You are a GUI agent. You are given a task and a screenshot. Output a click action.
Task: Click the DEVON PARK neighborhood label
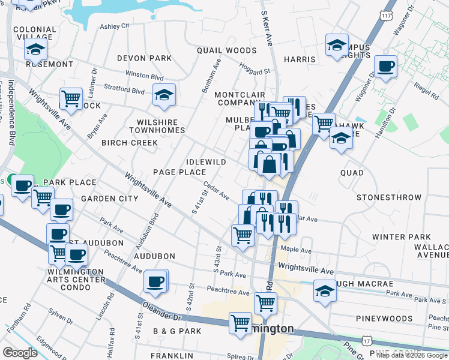click(144, 58)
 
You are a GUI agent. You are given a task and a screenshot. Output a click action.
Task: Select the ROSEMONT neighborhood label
click(49, 64)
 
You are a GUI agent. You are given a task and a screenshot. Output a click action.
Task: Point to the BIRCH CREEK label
click(129, 143)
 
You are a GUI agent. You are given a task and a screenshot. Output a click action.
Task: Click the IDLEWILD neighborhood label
click(206, 162)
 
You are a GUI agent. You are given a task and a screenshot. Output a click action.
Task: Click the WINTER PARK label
click(402, 237)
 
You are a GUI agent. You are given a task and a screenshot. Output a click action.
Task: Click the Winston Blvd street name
click(144, 77)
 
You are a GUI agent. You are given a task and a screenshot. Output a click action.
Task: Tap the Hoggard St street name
click(254, 70)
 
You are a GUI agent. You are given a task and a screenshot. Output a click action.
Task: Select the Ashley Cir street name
click(115, 26)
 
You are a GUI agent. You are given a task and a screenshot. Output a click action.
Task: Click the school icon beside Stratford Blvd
click(163, 95)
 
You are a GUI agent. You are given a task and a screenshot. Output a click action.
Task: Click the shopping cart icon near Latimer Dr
click(71, 98)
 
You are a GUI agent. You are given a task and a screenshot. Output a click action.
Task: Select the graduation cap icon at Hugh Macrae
click(325, 290)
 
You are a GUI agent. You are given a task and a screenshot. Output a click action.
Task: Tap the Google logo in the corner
click(20, 353)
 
